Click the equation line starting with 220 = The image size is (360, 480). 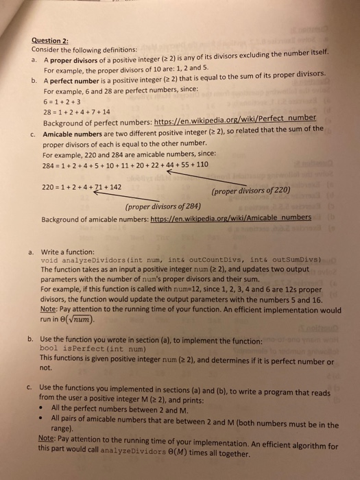pos(82,186)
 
